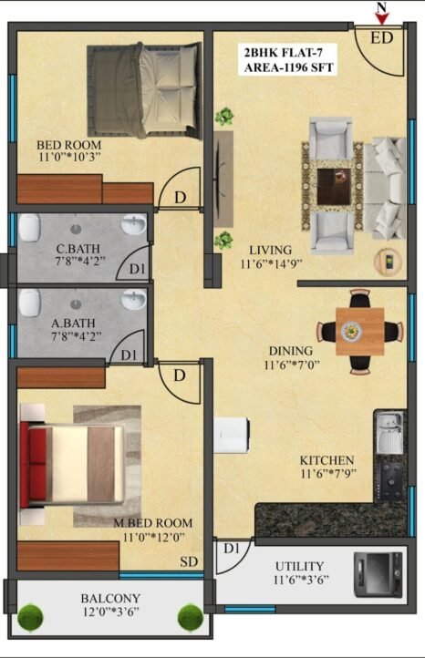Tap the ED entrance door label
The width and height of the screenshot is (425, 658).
coord(382,38)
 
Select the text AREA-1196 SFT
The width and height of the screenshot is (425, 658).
coord(288,67)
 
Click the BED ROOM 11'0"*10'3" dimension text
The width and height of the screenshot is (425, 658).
coord(69,157)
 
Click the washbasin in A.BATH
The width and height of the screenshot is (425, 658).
coord(134,299)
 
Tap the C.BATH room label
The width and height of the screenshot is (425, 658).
coord(78,248)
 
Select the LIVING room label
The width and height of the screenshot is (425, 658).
coord(271,250)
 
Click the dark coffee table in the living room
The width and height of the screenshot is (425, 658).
coord(334,186)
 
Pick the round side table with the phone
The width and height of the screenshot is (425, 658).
coord(388,262)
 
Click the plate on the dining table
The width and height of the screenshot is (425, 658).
coord(350,332)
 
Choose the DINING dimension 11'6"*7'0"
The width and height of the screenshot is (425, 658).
coord(292,365)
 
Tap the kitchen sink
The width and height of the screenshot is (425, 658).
coord(389,432)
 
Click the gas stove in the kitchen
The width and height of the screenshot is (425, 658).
coord(391,480)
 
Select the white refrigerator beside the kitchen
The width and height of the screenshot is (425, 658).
coord(232,435)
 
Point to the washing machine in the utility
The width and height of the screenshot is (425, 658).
coord(378,574)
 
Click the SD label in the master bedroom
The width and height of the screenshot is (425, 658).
coord(189,561)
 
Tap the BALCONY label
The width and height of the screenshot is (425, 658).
coord(110,598)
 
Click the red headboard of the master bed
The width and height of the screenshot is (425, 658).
coord(25,465)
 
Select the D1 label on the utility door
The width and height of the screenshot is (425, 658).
coord(232,548)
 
